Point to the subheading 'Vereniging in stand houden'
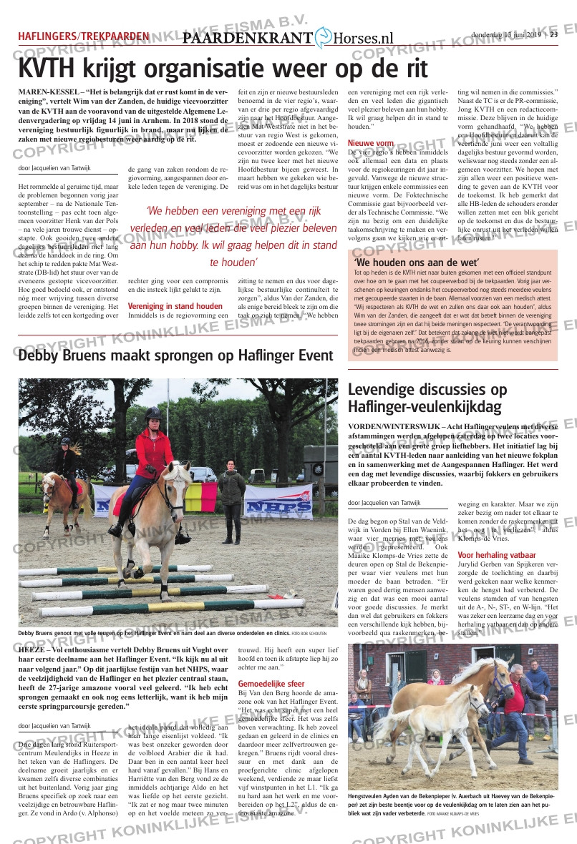pos(175,306)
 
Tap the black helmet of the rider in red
pos(152,413)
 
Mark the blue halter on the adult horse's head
pos(501,679)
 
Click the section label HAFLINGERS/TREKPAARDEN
pos(84,36)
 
